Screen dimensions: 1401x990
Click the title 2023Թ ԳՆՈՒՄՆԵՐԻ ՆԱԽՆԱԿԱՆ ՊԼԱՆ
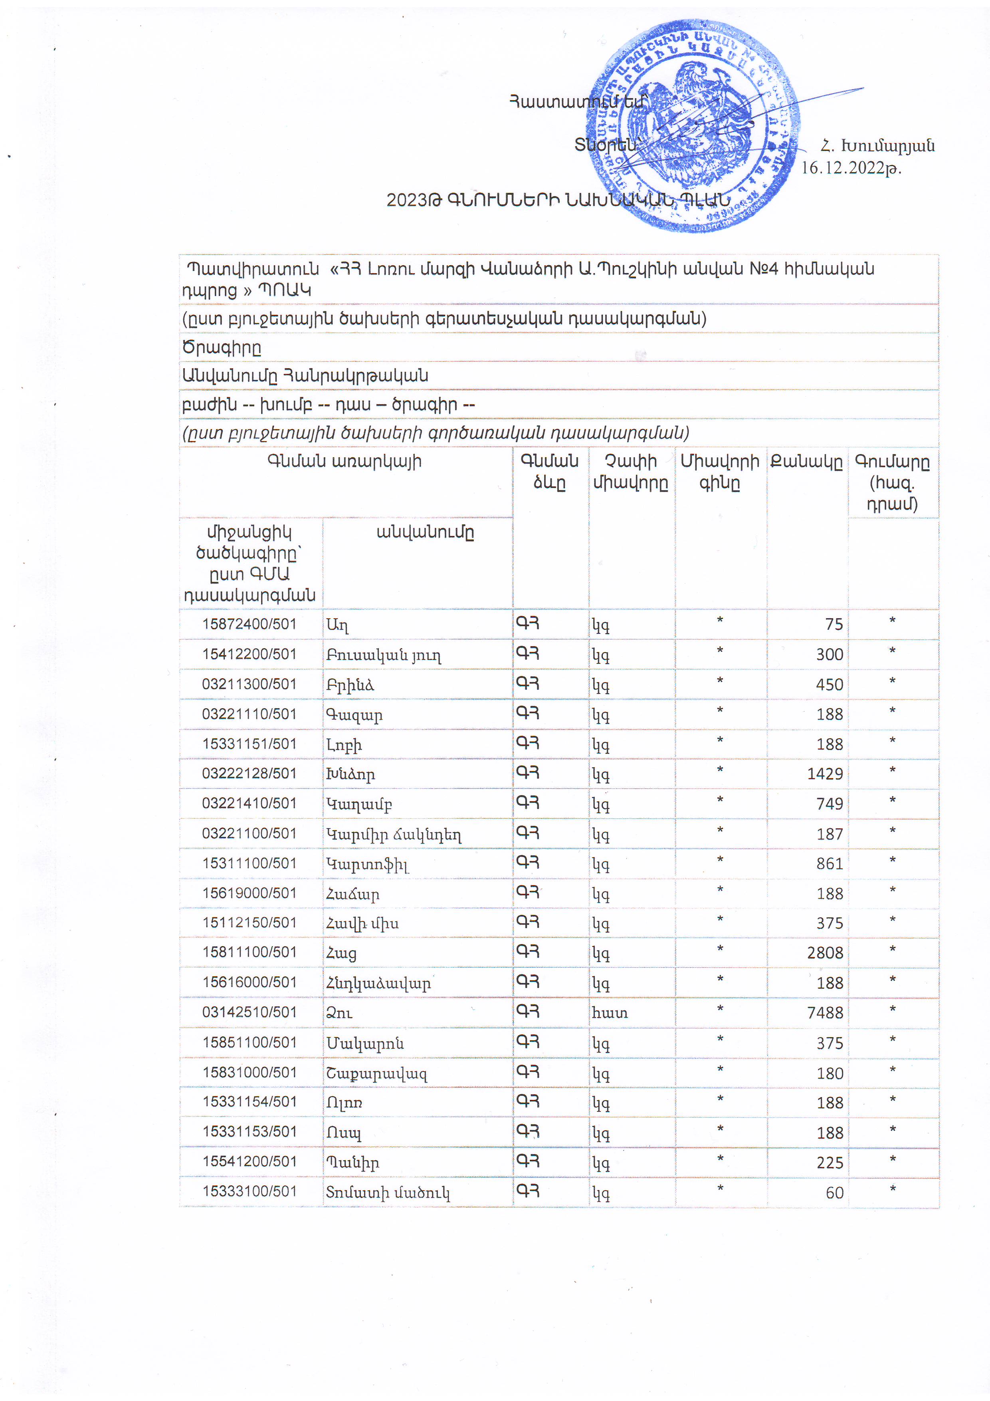click(558, 200)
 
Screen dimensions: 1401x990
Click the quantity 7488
click(825, 1013)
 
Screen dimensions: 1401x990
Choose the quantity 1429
click(825, 774)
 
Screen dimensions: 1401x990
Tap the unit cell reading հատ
click(610, 1013)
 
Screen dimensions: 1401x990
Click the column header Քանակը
click(806, 462)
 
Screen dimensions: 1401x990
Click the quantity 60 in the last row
click(834, 1193)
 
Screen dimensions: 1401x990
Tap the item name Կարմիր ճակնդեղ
click(394, 834)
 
